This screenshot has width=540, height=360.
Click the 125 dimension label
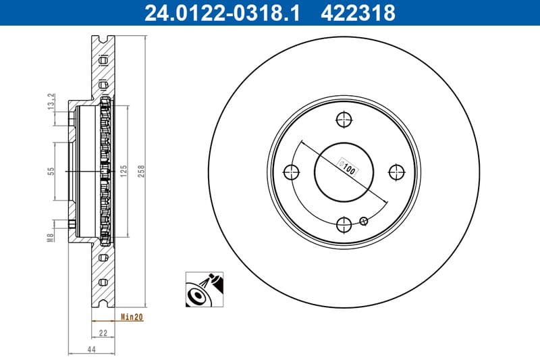[x=124, y=171]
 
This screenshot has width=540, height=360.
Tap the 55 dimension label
[x=51, y=171]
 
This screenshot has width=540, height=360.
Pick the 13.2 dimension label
[x=51, y=101]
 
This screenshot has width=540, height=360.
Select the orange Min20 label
[x=132, y=316]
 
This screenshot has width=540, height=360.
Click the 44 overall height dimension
[x=90, y=349]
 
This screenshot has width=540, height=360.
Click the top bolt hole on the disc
[x=344, y=120]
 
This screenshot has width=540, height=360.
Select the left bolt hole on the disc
[x=292, y=172]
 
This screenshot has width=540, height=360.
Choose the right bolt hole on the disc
[x=396, y=172]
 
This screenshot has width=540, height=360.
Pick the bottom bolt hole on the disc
[x=344, y=224]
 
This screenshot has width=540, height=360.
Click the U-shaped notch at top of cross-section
[x=103, y=39]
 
